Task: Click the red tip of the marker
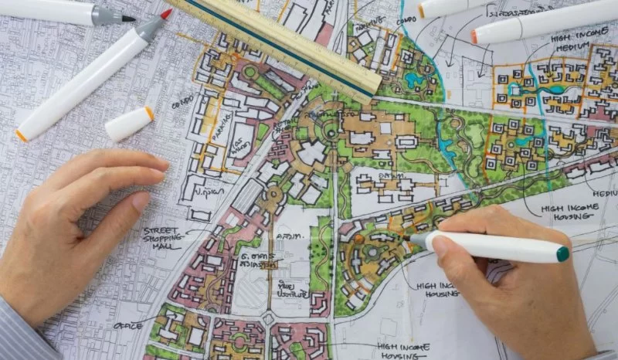point(166,14)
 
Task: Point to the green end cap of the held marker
point(562,253)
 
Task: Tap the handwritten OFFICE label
point(128,325)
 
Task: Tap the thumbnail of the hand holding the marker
point(440,246)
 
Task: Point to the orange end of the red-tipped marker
point(21,135)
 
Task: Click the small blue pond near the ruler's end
point(415,80)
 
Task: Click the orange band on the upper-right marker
point(474,36)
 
